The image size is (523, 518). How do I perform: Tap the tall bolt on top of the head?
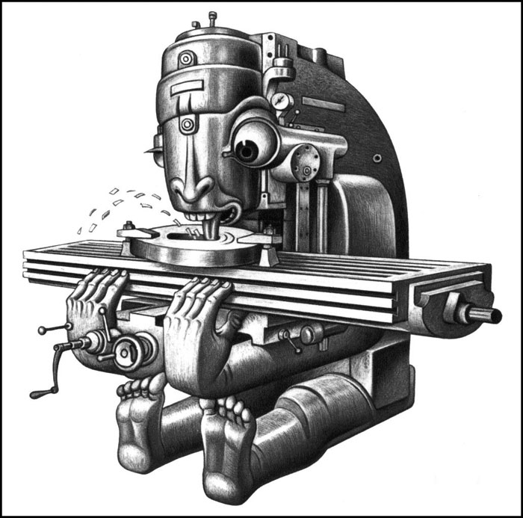213,17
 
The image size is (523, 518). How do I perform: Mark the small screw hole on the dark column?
377,158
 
